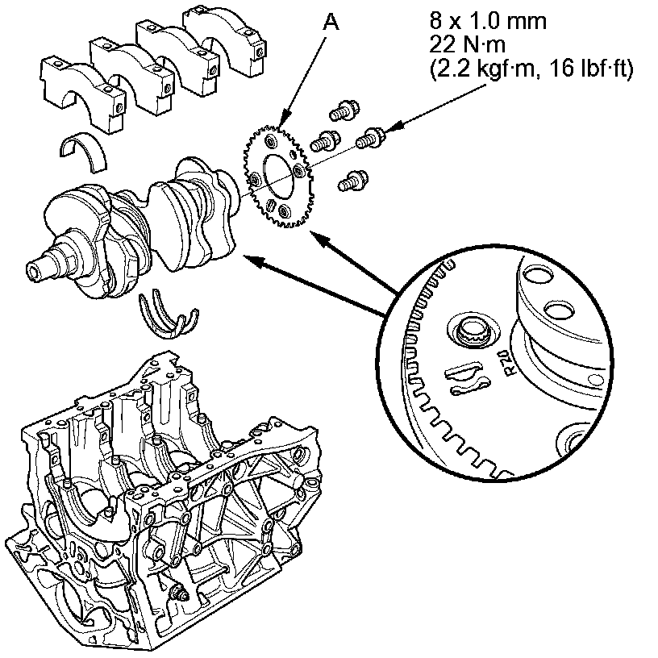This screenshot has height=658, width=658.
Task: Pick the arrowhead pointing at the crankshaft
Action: (x=250, y=258)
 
